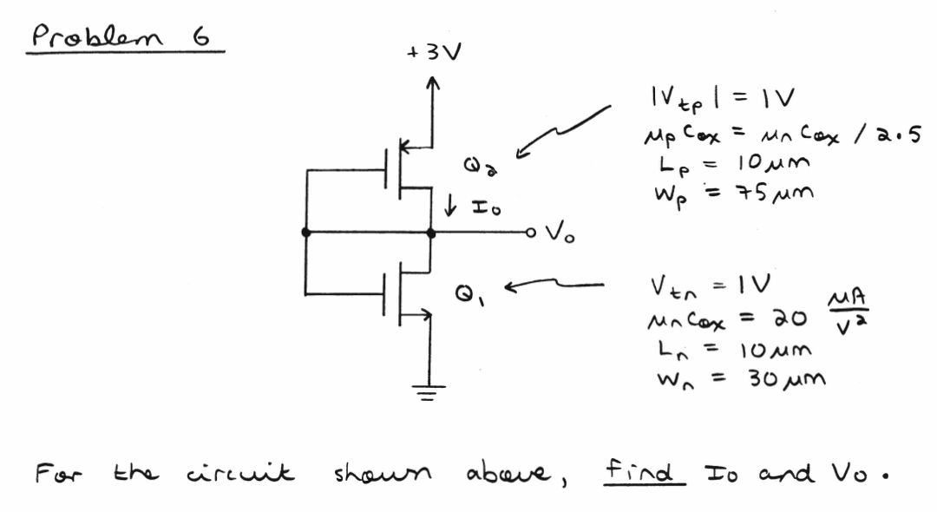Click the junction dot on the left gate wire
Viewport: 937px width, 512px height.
(305, 233)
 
